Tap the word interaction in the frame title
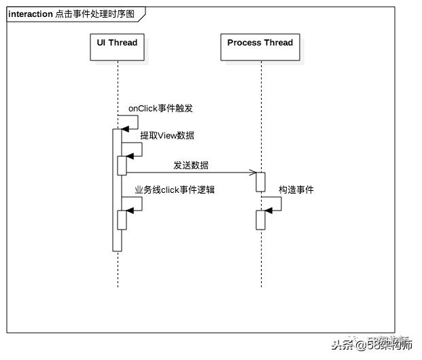click(x=31, y=14)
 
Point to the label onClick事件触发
click(x=160, y=108)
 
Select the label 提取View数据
click(x=167, y=135)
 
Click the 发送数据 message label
click(x=191, y=165)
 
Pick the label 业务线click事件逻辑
click(x=175, y=190)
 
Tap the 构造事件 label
click(x=296, y=190)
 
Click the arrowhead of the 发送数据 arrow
click(x=252, y=173)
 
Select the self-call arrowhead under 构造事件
click(x=268, y=211)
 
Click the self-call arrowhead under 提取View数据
click(x=130, y=156)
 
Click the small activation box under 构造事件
click(x=260, y=220)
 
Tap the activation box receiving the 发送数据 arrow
click(x=260, y=181)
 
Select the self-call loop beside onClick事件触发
click(x=133, y=122)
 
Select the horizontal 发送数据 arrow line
click(x=190, y=173)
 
